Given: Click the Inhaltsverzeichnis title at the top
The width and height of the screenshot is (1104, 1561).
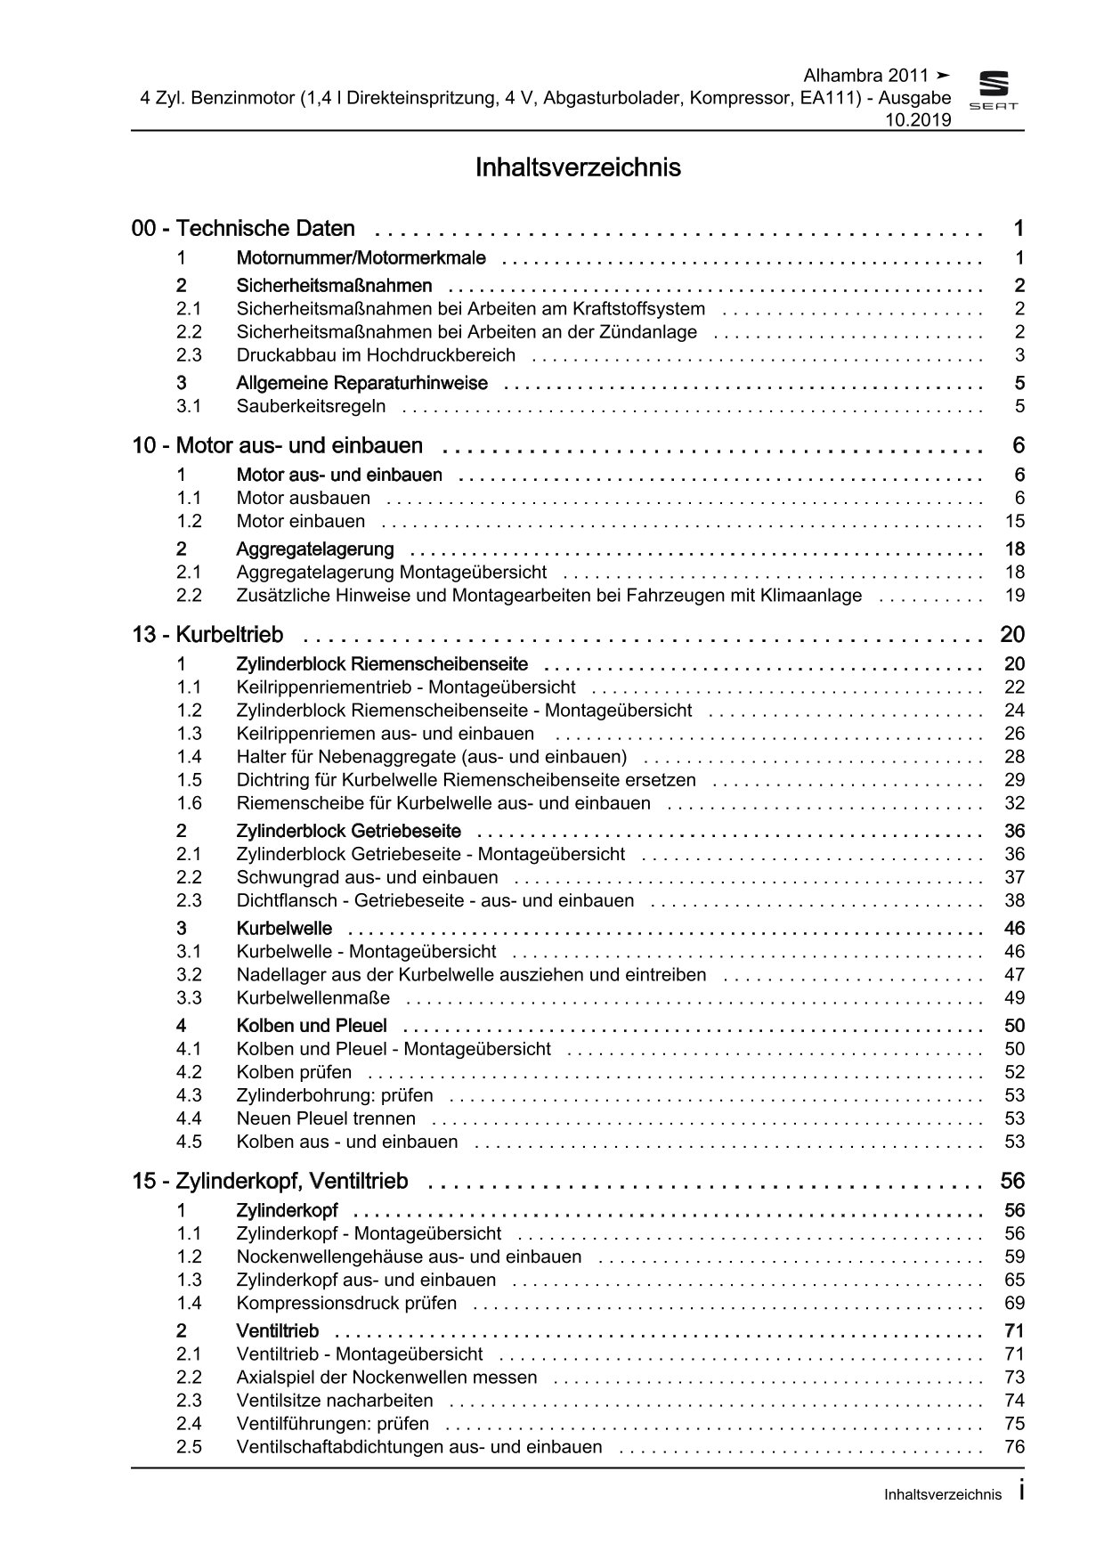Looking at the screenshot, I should tap(578, 167).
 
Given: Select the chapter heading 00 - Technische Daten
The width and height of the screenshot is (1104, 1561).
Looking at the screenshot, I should tap(243, 229).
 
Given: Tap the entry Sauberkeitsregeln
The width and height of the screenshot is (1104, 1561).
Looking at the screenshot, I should tap(311, 407).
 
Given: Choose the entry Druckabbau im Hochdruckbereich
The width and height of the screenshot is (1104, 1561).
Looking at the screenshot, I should tap(376, 355).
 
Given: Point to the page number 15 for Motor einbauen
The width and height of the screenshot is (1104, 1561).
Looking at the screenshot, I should tap(1014, 522).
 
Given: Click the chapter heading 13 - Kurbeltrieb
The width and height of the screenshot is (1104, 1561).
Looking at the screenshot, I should tap(207, 635).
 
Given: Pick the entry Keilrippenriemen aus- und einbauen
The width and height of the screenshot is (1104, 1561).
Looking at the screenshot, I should tap(385, 734).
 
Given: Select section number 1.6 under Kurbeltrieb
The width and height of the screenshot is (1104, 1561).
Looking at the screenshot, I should tap(189, 803).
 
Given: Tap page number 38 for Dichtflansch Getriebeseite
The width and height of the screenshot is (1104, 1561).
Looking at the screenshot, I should tap(1014, 901).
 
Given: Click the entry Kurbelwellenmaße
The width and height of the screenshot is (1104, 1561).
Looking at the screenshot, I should tap(313, 998).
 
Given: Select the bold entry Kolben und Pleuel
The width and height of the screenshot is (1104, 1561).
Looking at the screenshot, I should tap(312, 1026).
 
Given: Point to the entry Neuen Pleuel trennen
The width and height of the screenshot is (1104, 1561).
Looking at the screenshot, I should tap(326, 1119).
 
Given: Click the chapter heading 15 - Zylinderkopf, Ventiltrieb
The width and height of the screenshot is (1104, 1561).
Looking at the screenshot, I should tap(270, 1182).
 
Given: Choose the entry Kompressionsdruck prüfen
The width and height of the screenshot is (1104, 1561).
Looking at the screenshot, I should tap(346, 1304).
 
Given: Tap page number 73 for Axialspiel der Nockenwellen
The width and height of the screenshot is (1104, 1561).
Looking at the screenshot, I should tap(1014, 1378).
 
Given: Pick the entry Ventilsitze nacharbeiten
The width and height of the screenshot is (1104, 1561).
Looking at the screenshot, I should tap(335, 1401).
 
